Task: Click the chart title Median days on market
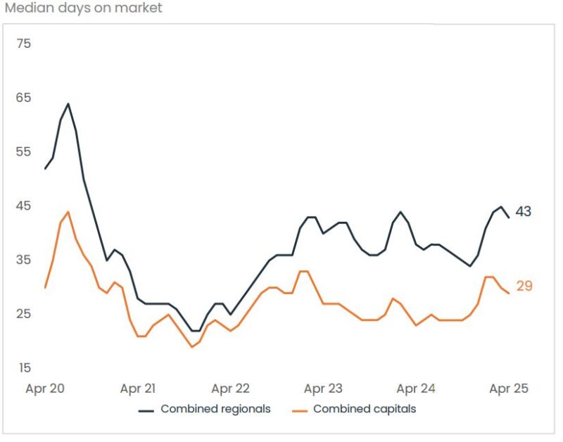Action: tap(83, 8)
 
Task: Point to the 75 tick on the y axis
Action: tap(24, 44)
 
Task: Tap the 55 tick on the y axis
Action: tap(24, 151)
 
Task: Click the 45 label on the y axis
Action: tap(24, 206)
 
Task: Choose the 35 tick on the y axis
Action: tap(24, 260)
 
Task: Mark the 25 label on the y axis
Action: tap(24, 313)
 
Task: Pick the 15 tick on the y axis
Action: tap(24, 367)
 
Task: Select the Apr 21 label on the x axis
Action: tap(138, 389)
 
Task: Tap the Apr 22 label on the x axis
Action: tap(231, 389)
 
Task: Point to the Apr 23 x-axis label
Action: tap(324, 389)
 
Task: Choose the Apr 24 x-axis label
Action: tap(416, 389)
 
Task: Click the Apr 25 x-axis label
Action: tap(508, 389)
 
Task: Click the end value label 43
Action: tap(523, 212)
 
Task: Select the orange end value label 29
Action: tap(524, 286)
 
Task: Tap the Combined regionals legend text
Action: tap(215, 409)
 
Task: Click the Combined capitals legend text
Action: tap(365, 409)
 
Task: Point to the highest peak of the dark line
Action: tap(68, 103)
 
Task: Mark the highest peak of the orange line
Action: tap(68, 212)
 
